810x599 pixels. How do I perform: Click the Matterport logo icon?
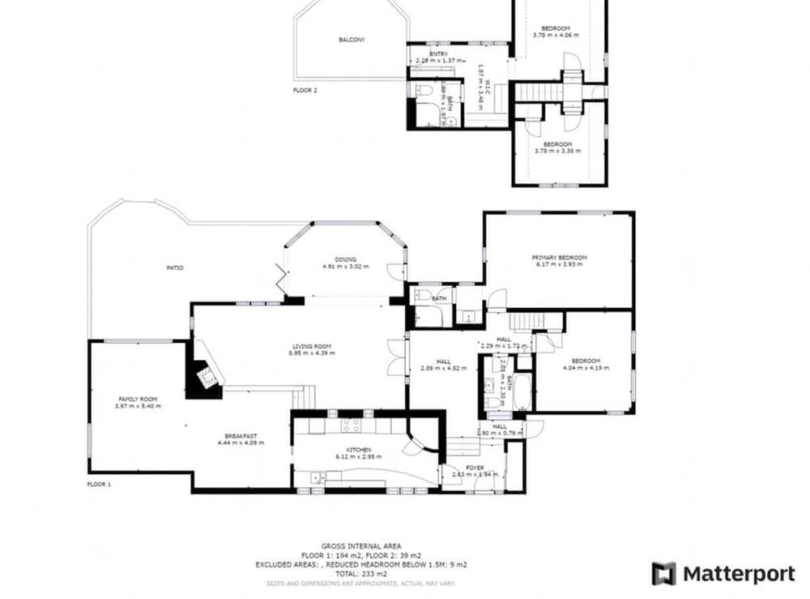[663, 573]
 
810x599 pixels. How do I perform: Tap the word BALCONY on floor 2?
[352, 40]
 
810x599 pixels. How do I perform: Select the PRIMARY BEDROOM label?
[559, 258]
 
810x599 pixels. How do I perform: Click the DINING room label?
[345, 259]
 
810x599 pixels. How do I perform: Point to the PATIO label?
[175, 267]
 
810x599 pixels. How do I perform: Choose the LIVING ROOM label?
[312, 347]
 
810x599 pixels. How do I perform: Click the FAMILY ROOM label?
[137, 400]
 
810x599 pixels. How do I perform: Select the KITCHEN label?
[359, 450]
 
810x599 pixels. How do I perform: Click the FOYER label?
[475, 468]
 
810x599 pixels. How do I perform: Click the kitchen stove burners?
[350, 425]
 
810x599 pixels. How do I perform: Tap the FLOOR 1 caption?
[99, 484]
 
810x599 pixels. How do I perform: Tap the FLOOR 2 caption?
[305, 91]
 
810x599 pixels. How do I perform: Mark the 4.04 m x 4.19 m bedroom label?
[585, 364]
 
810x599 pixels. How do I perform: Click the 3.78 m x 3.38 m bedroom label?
[557, 147]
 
